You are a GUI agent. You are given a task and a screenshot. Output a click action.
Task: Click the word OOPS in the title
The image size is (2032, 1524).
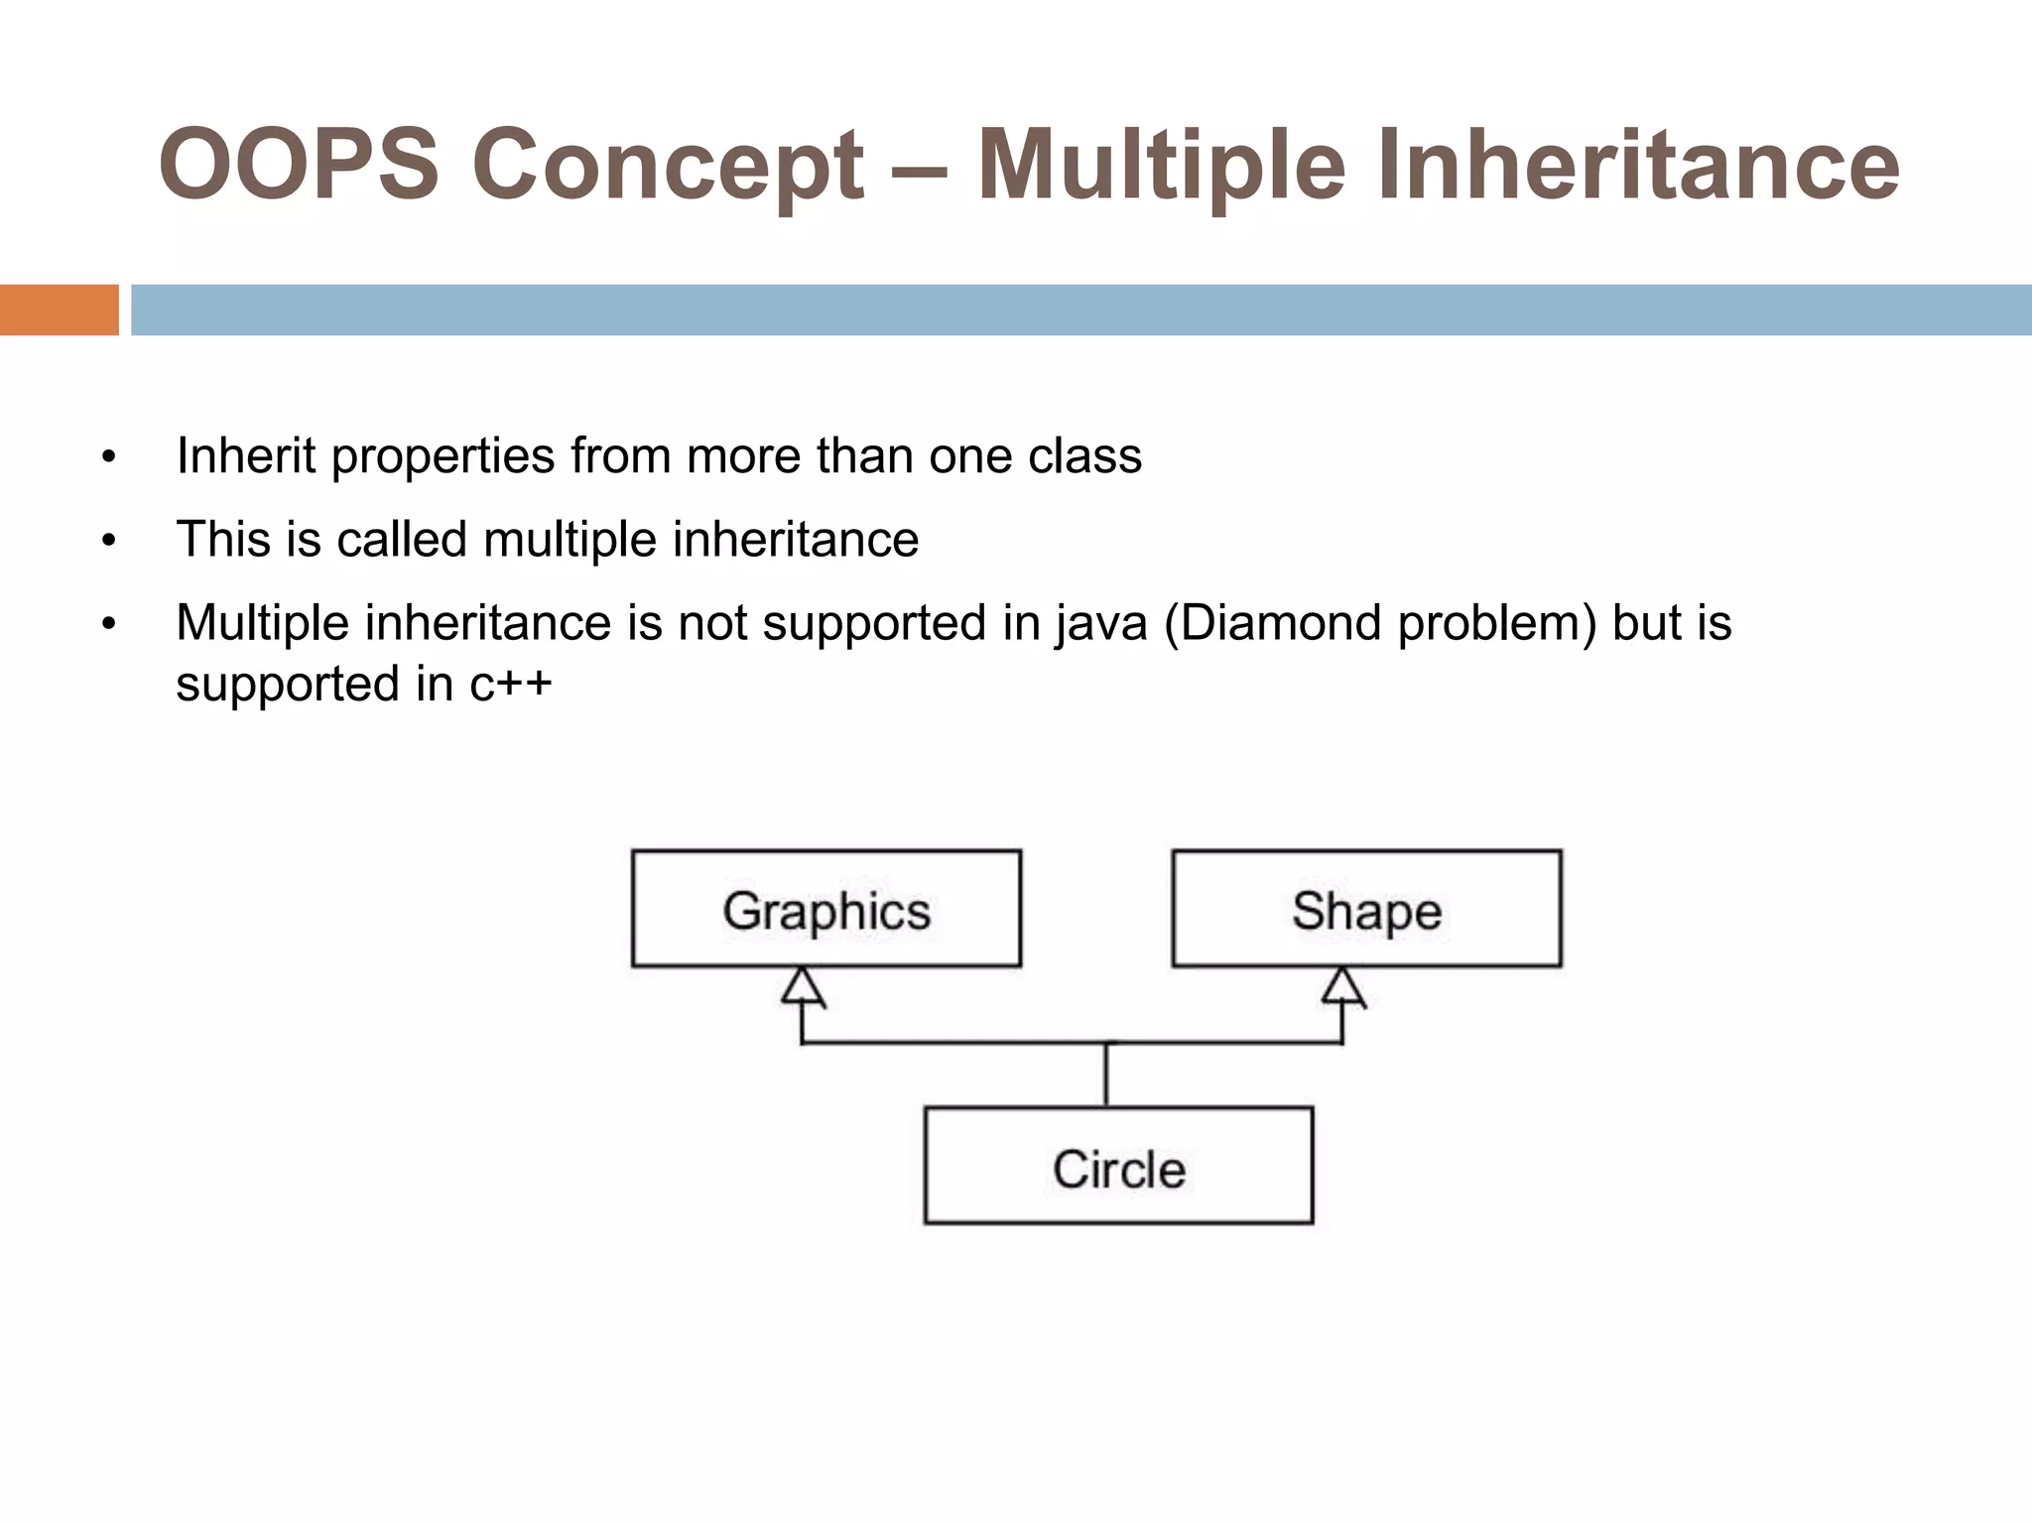[299, 165]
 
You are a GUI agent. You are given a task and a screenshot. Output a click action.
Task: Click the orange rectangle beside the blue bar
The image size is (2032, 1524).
[59, 310]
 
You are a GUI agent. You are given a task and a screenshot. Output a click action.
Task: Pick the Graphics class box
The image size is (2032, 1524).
[825, 909]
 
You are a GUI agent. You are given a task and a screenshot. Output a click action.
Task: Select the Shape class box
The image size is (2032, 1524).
[1366, 909]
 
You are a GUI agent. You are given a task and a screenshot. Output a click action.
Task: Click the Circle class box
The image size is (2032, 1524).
[1118, 1167]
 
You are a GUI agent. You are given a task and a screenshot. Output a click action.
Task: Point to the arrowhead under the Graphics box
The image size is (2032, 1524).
[803, 988]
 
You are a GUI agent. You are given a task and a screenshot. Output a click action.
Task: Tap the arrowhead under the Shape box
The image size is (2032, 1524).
[1342, 988]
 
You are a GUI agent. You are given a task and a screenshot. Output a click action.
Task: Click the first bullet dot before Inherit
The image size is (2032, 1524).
[108, 458]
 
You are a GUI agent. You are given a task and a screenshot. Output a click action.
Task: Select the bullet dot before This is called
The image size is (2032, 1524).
[108, 542]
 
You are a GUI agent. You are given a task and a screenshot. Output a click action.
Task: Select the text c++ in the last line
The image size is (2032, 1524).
[510, 685]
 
